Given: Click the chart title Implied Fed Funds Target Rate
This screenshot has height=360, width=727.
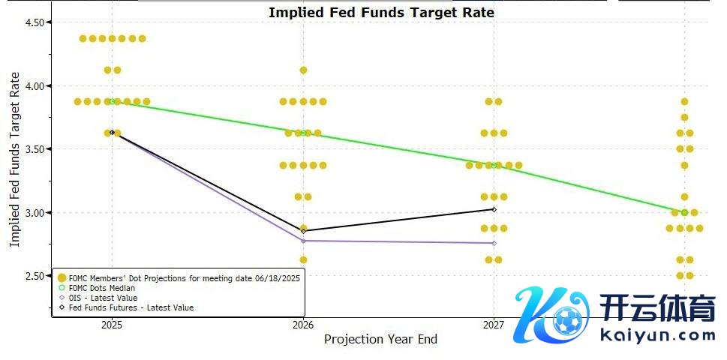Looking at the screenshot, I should tap(381, 12).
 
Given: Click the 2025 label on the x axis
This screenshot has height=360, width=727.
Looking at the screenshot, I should tap(112, 325).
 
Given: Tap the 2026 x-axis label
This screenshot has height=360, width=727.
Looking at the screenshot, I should tap(303, 325).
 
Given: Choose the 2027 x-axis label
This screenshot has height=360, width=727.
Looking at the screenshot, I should tap(494, 325).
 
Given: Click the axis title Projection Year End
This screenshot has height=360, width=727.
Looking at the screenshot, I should tap(380, 340).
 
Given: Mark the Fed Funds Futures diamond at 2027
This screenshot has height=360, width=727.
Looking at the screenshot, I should tap(494, 209).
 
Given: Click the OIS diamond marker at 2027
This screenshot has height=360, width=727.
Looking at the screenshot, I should tap(494, 243).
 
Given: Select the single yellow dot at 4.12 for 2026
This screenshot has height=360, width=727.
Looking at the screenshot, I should tap(303, 70).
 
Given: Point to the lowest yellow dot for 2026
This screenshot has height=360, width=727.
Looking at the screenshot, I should tap(303, 259).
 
